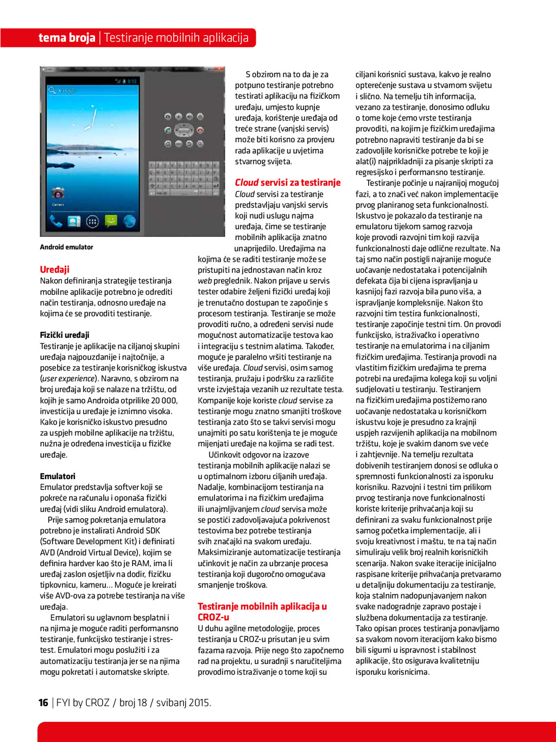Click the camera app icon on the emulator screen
click(58, 193)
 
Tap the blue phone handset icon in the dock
click(56, 221)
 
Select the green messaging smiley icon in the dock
click(111, 221)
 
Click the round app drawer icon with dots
click(92, 222)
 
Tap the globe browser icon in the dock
click(129, 221)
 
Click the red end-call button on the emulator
click(200, 130)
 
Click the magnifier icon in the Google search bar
click(53, 90)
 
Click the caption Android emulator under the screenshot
click(66, 247)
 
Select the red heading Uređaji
click(54, 269)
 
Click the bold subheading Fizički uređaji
click(65, 335)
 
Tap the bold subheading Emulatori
click(58, 476)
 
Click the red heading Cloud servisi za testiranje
click(288, 183)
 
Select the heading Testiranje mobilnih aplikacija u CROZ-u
click(262, 612)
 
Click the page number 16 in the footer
click(43, 703)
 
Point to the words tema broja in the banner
click(67, 38)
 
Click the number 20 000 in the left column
click(165, 400)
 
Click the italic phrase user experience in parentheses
click(68, 379)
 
